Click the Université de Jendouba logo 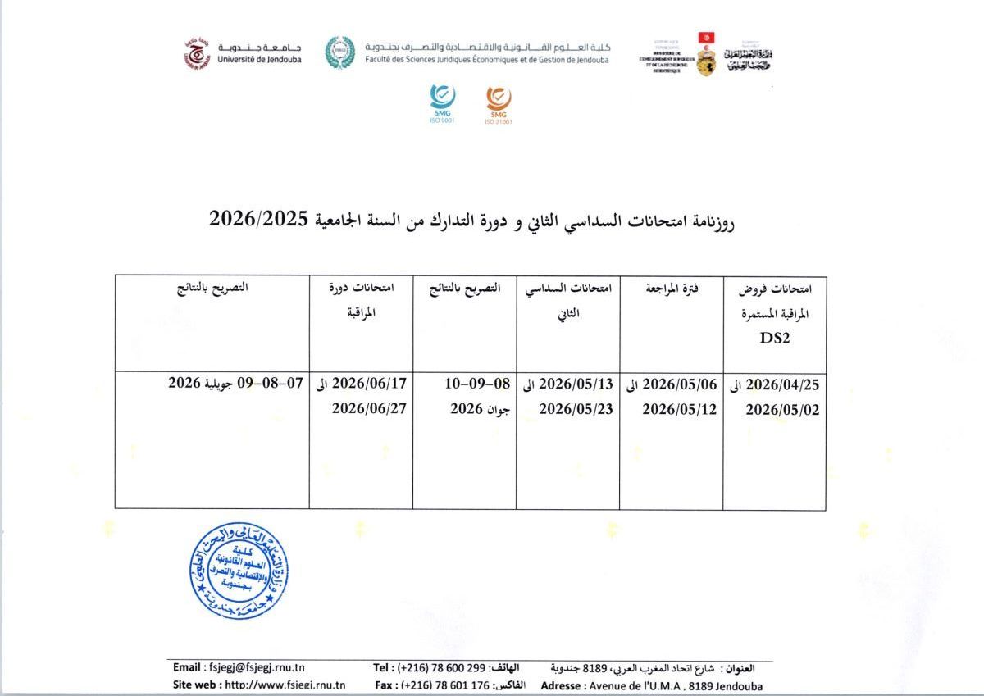197,53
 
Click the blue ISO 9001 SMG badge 442,99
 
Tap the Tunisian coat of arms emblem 705,54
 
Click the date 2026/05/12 680,408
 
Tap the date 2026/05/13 576,384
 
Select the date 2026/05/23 576,408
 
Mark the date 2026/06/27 369,408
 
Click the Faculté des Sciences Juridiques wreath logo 339,52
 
